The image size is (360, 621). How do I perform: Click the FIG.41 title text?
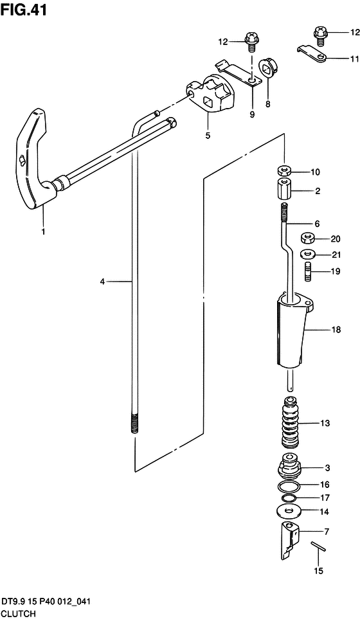pyautogui.click(x=24, y=10)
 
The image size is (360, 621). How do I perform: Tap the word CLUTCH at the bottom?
pyautogui.click(x=19, y=613)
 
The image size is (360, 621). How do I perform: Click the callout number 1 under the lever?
pyautogui.click(x=43, y=231)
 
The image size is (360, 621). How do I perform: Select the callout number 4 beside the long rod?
pyautogui.click(x=102, y=282)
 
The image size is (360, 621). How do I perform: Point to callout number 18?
pyautogui.click(x=336, y=330)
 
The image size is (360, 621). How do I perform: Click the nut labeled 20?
pyautogui.click(x=308, y=239)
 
